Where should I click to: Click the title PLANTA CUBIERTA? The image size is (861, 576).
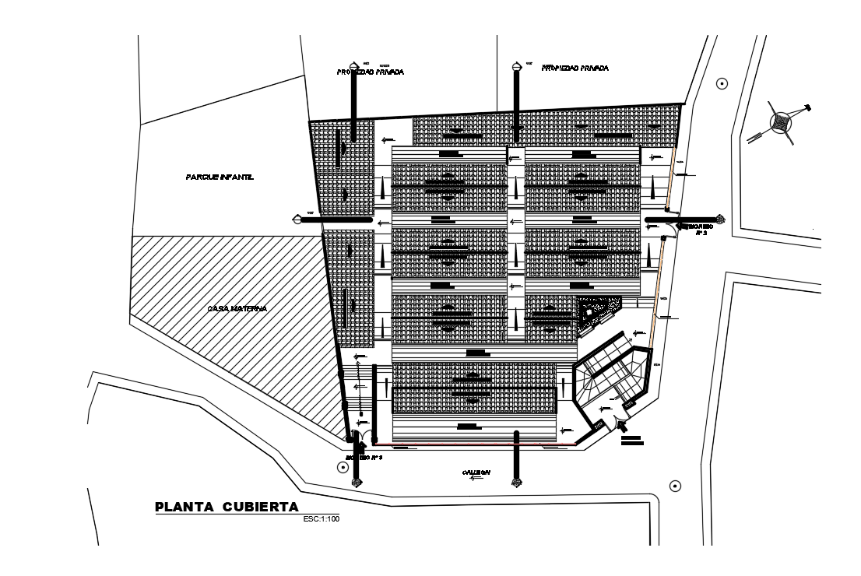(227, 508)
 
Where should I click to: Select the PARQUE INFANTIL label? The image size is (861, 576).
(220, 177)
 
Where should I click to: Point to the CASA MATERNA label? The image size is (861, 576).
(237, 309)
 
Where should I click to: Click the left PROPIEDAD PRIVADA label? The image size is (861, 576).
(370, 72)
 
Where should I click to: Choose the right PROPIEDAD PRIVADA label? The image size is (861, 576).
(574, 68)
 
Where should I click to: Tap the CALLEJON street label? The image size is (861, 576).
(475, 472)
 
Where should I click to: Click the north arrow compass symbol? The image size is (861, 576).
(781, 122)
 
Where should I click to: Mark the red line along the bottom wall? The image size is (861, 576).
(483, 445)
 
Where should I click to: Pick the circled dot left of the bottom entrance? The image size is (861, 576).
(342, 467)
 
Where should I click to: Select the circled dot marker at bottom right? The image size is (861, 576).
(675, 486)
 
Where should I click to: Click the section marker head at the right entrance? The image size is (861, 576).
(720, 219)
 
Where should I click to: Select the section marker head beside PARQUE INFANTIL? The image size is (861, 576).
(300, 220)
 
